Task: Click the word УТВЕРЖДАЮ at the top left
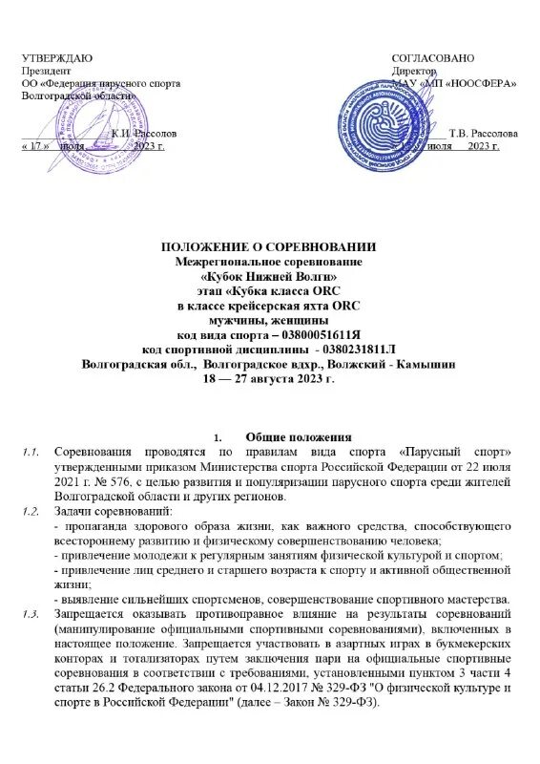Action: [x=57, y=59]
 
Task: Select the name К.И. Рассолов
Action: [x=144, y=134]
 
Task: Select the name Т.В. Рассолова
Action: [x=484, y=134]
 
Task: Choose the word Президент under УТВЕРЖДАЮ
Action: [x=47, y=72]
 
